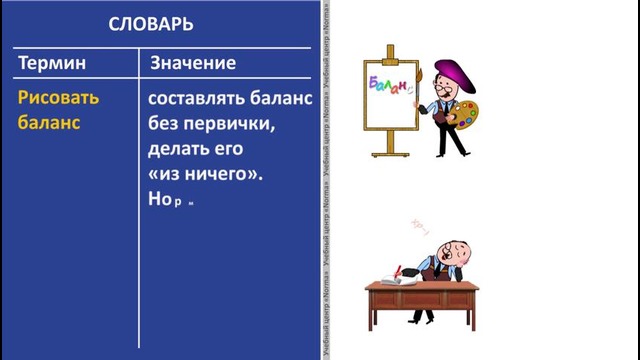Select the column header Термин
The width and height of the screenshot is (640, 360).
pyautogui.click(x=52, y=64)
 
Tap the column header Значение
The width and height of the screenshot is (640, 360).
pyautogui.click(x=193, y=64)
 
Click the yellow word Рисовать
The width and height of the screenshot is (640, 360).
pyautogui.click(x=59, y=100)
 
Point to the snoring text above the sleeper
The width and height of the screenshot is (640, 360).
pyautogui.click(x=420, y=226)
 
